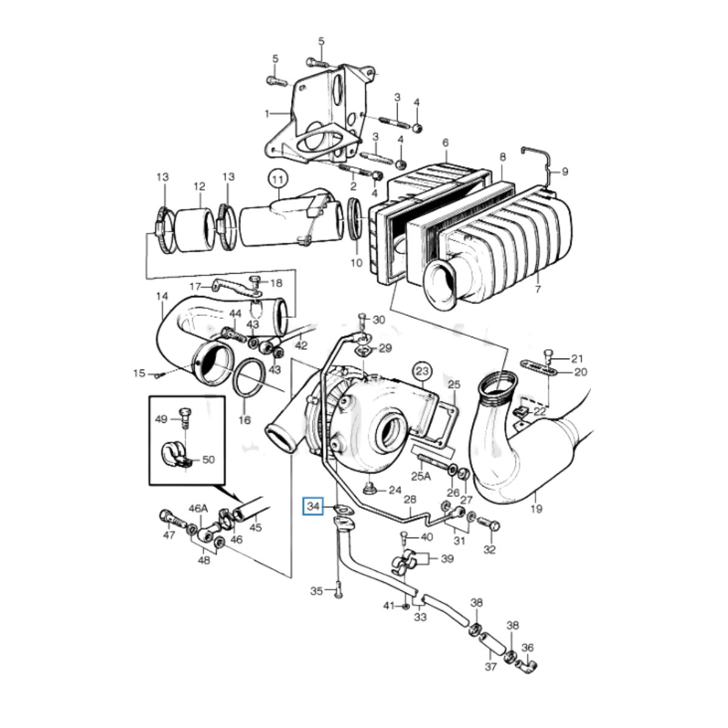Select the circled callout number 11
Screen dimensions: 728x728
[277, 180]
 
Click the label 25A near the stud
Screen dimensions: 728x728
[420, 476]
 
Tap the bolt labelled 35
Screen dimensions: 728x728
[336, 587]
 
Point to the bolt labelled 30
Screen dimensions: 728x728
[362, 317]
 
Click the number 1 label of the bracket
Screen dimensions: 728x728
[266, 113]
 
